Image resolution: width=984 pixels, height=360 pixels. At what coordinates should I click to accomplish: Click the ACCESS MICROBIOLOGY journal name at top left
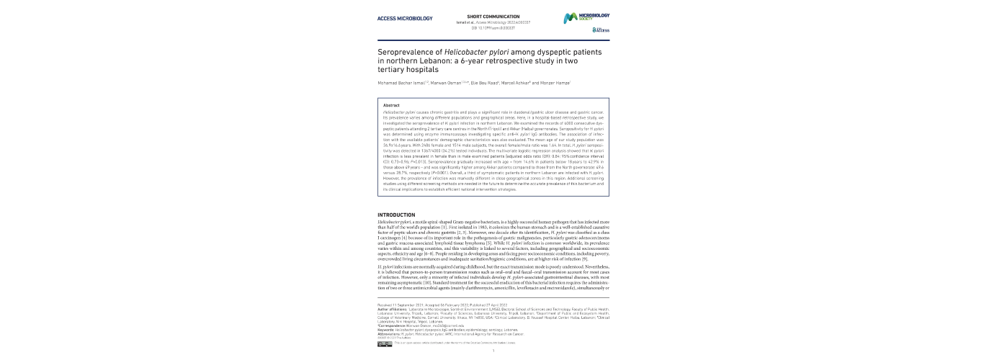pos(403,17)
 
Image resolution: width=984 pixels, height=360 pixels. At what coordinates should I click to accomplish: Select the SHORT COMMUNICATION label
pos(493,16)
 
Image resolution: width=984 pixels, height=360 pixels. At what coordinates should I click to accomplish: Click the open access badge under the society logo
pos(601,30)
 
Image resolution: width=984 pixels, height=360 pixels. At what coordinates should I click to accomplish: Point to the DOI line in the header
pos(492,27)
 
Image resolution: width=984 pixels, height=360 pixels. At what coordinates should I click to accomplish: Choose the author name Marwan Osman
pos(449,83)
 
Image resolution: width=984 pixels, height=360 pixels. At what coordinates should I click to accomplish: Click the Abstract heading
pos(392,106)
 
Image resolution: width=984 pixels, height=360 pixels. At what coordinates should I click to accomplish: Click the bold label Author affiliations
pos(393,309)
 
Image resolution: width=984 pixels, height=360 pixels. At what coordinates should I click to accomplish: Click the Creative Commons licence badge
pos(385,343)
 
